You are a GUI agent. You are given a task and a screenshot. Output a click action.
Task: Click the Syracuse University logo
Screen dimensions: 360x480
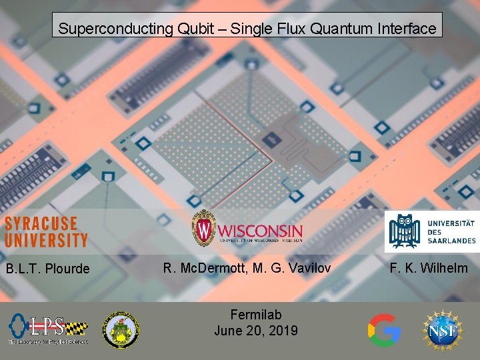(46, 231)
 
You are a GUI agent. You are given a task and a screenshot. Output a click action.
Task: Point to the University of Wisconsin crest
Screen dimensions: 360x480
(203, 228)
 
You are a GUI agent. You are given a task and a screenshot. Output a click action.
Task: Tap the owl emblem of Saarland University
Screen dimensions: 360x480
(404, 231)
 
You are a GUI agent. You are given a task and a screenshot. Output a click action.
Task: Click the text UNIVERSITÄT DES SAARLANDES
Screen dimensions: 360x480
(451, 231)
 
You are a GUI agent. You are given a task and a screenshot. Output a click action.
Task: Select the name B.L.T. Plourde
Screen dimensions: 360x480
(47, 269)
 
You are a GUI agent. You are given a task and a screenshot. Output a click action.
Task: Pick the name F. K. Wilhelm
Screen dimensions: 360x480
(429, 268)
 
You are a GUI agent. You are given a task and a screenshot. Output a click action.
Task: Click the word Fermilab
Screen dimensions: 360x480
(256, 315)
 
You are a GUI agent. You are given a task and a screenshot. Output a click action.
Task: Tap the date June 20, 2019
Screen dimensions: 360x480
(256, 331)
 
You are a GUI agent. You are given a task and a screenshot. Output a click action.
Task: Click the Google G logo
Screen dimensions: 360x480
(385, 330)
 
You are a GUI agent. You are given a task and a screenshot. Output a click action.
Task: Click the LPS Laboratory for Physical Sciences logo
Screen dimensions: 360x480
(47, 329)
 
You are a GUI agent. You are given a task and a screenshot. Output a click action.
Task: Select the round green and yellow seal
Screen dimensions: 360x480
(121, 330)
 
